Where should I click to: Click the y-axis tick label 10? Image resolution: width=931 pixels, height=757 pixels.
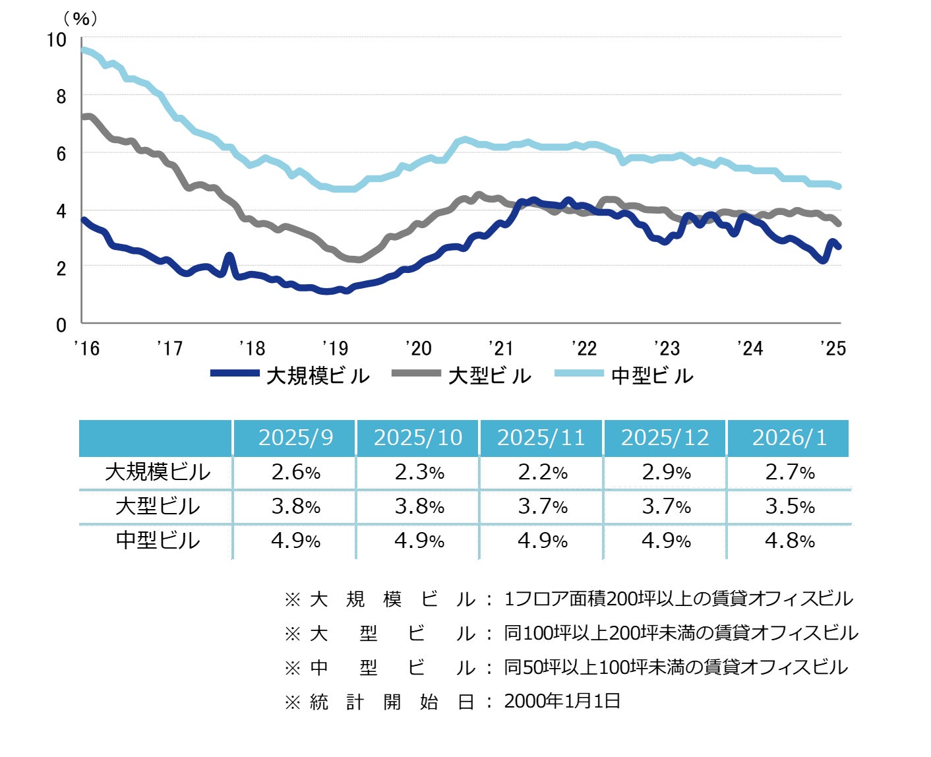pyautogui.click(x=57, y=40)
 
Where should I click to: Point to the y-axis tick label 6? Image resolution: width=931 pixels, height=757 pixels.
pyautogui.click(x=61, y=154)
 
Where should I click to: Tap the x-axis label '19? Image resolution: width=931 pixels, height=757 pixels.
pyautogui.click(x=335, y=348)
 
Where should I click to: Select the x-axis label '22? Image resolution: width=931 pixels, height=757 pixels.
pyautogui.click(x=584, y=348)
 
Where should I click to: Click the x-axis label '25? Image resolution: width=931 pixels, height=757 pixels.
pyautogui.click(x=833, y=348)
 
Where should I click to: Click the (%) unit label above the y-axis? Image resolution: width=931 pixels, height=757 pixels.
pyautogui.click(x=80, y=18)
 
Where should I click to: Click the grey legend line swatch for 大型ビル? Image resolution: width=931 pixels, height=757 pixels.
pyautogui.click(x=415, y=373)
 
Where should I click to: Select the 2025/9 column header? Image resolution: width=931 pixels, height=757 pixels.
pyautogui.click(x=295, y=438)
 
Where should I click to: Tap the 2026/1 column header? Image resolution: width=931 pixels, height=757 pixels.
pyautogui.click(x=789, y=438)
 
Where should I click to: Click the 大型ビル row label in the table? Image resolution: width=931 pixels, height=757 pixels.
pyautogui.click(x=157, y=506)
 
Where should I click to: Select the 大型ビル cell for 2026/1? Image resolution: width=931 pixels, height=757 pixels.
pyautogui.click(x=789, y=506)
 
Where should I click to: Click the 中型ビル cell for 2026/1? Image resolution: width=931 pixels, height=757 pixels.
pyautogui.click(x=789, y=541)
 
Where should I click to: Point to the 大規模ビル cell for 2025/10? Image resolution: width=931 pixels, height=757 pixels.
pyautogui.click(x=419, y=472)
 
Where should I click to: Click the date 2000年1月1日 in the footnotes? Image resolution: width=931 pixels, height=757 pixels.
pyautogui.click(x=562, y=701)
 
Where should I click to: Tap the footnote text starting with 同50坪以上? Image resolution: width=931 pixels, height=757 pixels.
pyautogui.click(x=676, y=667)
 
